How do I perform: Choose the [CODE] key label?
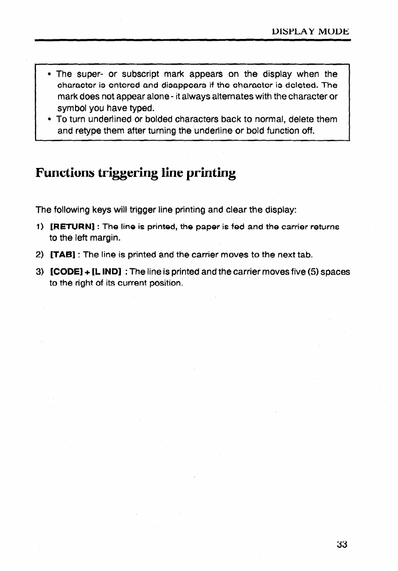tap(66, 272)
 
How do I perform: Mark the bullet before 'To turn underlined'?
tap(49, 119)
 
